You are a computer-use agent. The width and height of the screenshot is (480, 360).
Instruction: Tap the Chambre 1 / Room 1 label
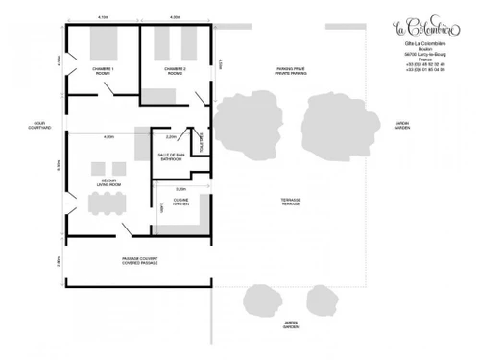point(104,71)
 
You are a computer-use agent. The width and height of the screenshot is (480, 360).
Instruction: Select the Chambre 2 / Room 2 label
point(174,71)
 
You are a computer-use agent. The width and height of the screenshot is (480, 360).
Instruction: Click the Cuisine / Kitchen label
point(180,203)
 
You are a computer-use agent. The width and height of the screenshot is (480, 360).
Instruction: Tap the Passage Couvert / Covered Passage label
point(139,261)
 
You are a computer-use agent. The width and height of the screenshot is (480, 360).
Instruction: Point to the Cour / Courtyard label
point(40,125)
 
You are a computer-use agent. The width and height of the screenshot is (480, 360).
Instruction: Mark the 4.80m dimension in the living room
point(109,137)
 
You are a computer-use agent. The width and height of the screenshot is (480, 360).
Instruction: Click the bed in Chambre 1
point(103,44)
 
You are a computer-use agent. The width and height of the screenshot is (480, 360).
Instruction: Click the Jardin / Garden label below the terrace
point(290,324)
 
